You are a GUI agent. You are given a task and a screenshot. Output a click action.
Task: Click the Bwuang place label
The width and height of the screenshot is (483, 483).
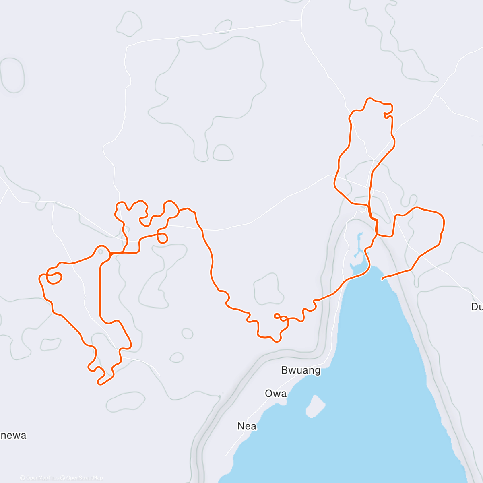301,370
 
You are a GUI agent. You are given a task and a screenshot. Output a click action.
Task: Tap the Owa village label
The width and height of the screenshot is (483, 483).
276,393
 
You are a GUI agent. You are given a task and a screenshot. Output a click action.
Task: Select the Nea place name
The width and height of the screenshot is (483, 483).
247,426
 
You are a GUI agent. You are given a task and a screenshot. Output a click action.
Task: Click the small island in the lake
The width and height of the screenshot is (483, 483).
316,406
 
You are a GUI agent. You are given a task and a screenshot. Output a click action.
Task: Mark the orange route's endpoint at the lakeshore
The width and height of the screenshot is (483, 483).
382,278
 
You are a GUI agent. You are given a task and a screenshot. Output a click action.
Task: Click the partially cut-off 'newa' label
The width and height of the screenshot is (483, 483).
13,435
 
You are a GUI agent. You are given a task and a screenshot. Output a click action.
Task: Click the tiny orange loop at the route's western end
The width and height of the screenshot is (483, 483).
54,277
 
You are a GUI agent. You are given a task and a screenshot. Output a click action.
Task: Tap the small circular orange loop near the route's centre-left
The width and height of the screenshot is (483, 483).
162,238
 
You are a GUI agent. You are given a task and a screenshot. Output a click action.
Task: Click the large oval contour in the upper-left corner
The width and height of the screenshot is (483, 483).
12,75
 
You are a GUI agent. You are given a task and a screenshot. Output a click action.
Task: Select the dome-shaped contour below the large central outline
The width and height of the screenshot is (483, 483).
223,153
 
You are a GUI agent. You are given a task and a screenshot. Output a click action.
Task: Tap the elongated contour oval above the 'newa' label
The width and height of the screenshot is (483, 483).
126,402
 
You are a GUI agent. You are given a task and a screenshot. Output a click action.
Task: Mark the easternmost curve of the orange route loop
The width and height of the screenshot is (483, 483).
444,221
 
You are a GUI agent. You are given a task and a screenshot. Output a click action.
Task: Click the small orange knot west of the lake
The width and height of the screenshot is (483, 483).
281,318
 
